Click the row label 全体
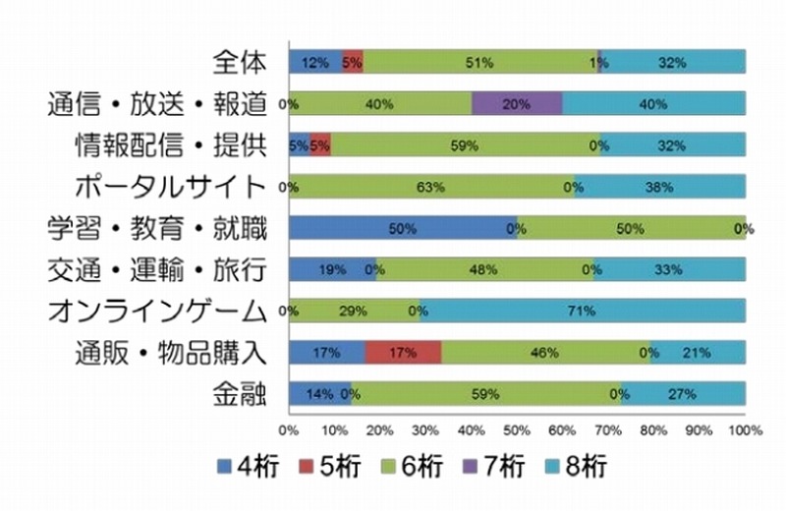(x=240, y=62)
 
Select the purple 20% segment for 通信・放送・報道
(x=517, y=103)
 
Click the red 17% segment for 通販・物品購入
(x=403, y=353)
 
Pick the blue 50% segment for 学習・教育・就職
(x=403, y=228)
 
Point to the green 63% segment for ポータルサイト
(x=431, y=187)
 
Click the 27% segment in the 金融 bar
(x=683, y=394)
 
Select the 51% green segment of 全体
(x=479, y=62)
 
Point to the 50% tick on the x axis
(x=517, y=429)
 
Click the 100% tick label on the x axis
(x=744, y=429)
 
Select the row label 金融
(x=240, y=394)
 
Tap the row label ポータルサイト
(x=172, y=187)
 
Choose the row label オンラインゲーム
(x=157, y=312)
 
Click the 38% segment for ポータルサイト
(x=659, y=187)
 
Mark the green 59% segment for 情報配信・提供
(x=465, y=145)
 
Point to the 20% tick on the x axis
(x=379, y=429)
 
